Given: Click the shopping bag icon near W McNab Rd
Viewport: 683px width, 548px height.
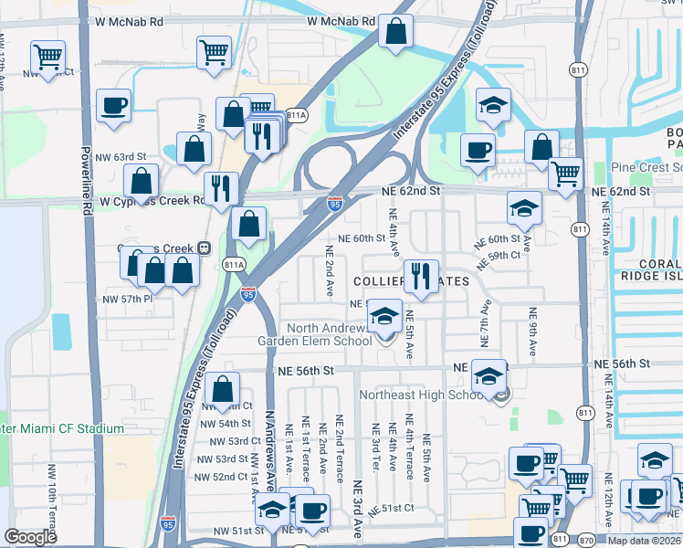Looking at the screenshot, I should pos(397,32).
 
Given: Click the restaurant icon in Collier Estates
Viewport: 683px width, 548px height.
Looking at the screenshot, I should pos(420,276).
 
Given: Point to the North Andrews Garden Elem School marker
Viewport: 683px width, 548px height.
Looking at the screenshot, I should pos(384,317).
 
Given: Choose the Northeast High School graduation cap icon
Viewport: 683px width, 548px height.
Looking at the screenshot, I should pos(489,376).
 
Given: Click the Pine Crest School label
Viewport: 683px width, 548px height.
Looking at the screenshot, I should pos(646,168).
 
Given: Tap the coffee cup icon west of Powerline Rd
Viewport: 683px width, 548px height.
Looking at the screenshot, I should pos(113,105).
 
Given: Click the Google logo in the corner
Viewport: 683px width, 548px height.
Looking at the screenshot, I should pos(30,537).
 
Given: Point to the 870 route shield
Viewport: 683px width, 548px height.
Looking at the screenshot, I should pos(586,539).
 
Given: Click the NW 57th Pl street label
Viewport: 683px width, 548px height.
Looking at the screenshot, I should pos(124,300).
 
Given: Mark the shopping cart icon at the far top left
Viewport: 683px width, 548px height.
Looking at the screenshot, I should pos(47,58).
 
